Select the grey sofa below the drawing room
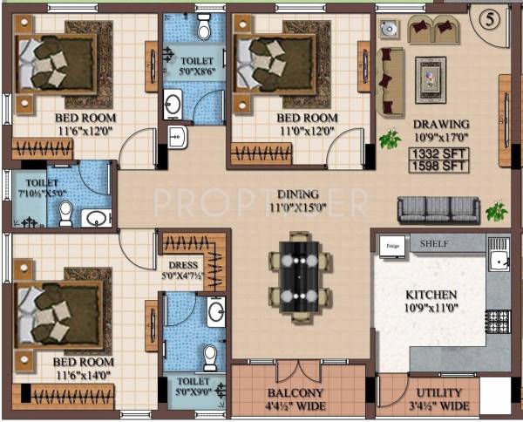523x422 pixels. (438, 209)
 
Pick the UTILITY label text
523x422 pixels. (440, 393)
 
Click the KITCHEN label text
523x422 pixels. (431, 296)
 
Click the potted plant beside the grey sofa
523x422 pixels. (497, 211)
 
